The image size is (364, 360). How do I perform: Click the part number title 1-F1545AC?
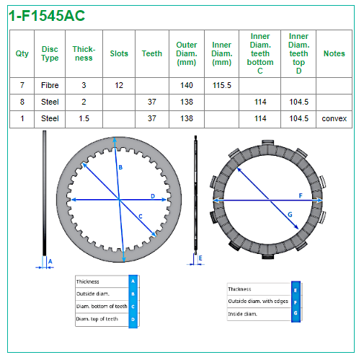pyautogui.click(x=47, y=16)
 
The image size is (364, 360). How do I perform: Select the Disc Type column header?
pyautogui.click(x=50, y=53)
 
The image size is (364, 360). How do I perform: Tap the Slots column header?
pyautogui.click(x=119, y=53)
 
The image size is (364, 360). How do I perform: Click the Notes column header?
pyautogui.click(x=334, y=53)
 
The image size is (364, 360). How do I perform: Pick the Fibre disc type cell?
pyautogui.click(x=50, y=85)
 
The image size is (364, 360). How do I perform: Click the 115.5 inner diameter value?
pyautogui.click(x=221, y=85)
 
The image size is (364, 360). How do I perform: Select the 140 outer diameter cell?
pyautogui.click(x=187, y=85)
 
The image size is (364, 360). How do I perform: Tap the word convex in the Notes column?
pyautogui.click(x=334, y=118)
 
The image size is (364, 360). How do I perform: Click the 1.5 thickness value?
pyautogui.click(x=84, y=118)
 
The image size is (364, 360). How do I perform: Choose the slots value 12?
pyautogui.click(x=119, y=85)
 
